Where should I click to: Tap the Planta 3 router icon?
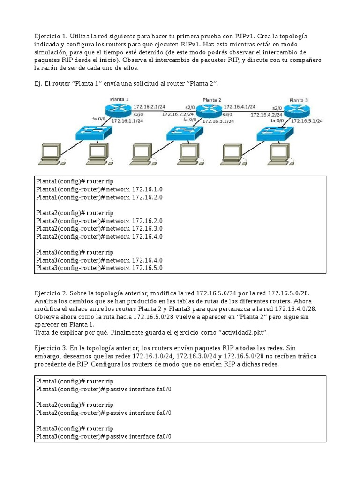point(297,111)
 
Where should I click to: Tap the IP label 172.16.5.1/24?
point(307,121)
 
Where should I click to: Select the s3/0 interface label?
point(227,114)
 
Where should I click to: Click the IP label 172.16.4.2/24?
point(266,114)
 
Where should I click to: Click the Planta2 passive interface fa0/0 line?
point(104,412)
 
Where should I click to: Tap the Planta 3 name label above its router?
point(299,100)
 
